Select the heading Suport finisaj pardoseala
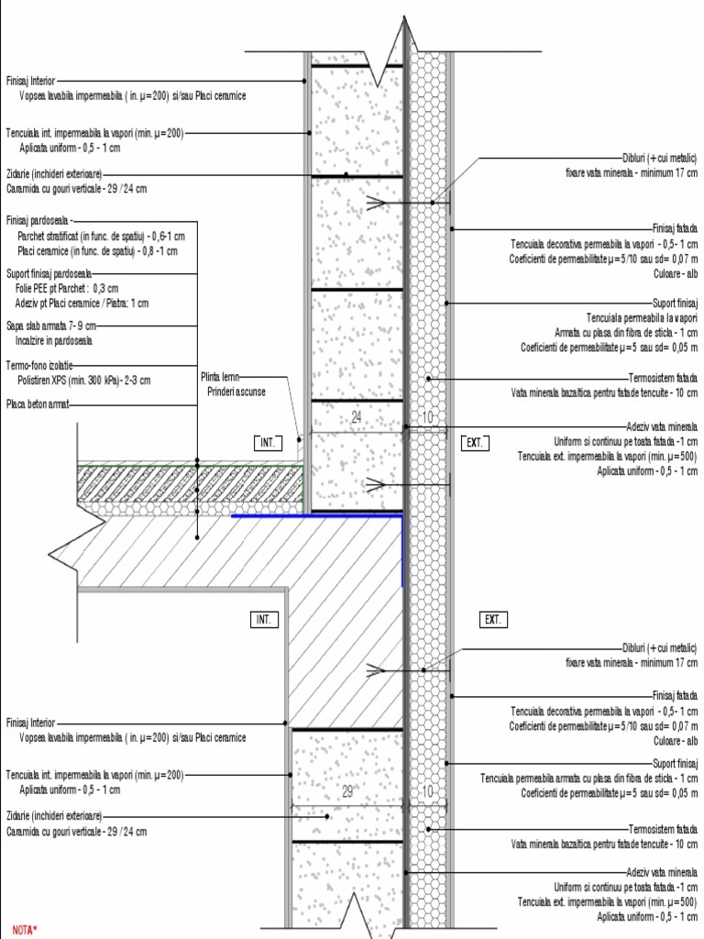[49, 273]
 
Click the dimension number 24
[357, 418]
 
